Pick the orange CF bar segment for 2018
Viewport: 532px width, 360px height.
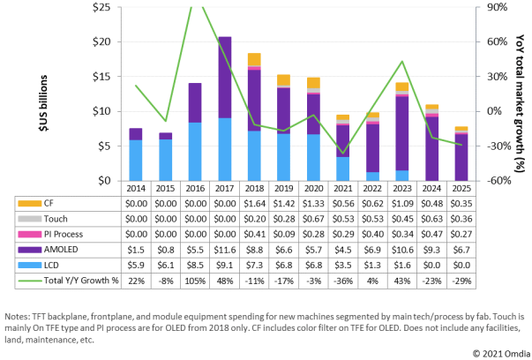tap(254, 59)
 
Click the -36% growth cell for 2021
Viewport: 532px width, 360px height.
tap(341, 281)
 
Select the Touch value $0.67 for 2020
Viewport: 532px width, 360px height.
tap(312, 219)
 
